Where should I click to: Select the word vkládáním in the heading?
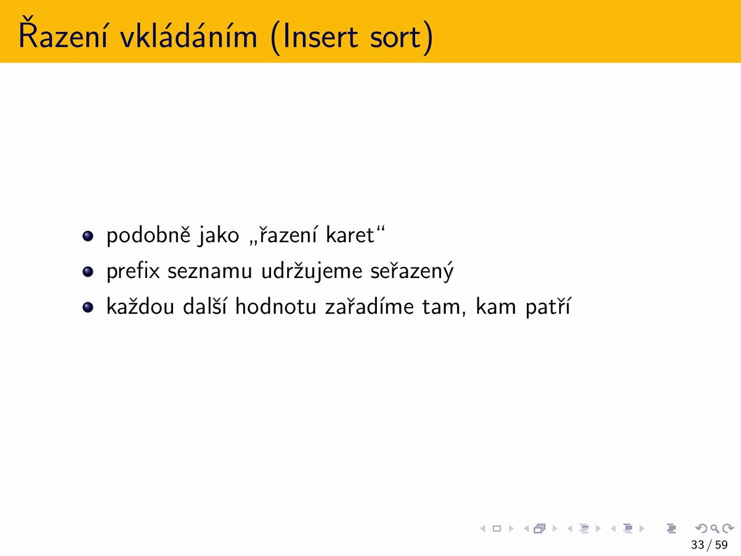tap(189, 34)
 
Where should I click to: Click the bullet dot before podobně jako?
tap(88, 236)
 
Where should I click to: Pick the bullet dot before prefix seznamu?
tap(88, 272)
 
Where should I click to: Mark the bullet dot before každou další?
tap(88, 307)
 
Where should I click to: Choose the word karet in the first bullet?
tap(350, 235)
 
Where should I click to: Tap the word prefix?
tap(133, 272)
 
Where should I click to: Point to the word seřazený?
tap(412, 272)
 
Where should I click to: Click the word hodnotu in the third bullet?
tap(276, 306)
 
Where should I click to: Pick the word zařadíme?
tap(369, 306)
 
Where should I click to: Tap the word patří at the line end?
tap(548, 307)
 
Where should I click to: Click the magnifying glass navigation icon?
tap(715, 528)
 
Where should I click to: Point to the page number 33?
tap(698, 544)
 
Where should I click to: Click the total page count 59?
tap(721, 544)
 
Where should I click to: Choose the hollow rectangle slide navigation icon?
tap(497, 528)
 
